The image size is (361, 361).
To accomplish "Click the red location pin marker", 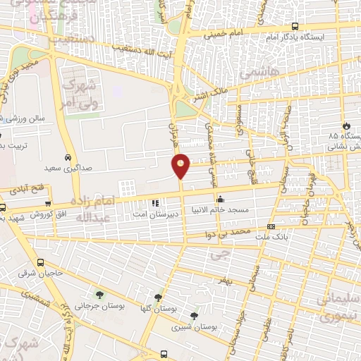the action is pos(181,165).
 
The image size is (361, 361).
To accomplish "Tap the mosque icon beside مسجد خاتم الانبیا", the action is pos(221,199).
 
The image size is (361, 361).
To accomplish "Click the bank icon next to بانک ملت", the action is pos(271,226).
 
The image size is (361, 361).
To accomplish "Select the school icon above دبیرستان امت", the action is pos(155,204).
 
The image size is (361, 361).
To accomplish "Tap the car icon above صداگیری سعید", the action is pos(68,158).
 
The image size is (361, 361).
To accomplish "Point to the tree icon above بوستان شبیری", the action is pos(195,316).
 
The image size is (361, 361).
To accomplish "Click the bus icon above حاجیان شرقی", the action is pos(40,262).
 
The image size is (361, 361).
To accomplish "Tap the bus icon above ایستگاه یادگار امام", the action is pos(294,27).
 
